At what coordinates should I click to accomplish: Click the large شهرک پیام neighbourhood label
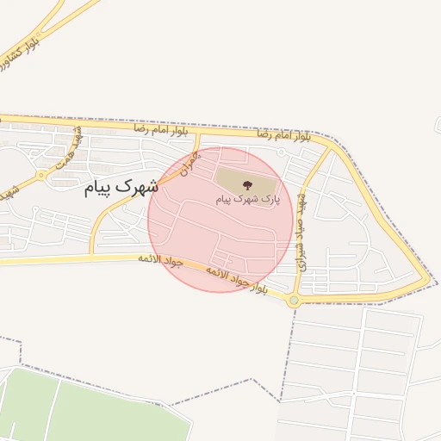(122, 187)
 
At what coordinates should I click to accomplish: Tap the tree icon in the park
(247, 184)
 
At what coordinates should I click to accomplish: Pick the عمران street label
(190, 163)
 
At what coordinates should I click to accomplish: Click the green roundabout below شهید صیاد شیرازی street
(295, 300)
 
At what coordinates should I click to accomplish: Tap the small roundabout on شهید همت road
(40, 176)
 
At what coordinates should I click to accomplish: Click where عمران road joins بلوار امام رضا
(198, 134)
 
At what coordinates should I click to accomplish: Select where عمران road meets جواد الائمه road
(91, 257)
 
